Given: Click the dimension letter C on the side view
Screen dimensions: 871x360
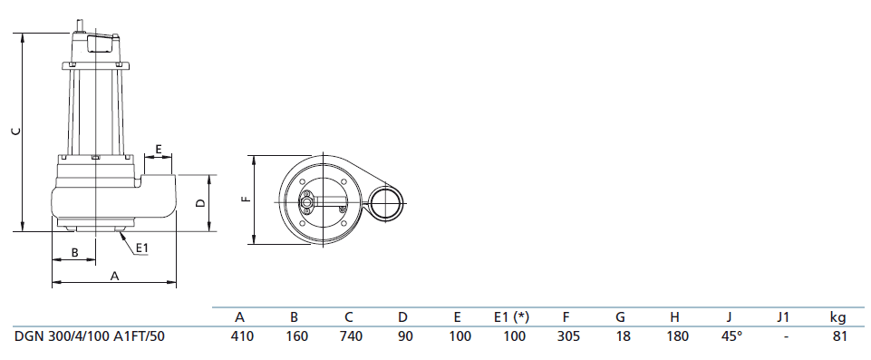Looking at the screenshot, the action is click(16, 131).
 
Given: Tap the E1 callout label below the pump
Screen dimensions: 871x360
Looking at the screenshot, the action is click(142, 248).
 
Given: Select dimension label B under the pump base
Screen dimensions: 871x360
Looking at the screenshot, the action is click(74, 252).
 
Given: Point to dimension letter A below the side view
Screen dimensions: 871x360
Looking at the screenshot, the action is click(115, 276).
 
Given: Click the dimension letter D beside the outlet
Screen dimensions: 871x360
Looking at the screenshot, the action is click(201, 203).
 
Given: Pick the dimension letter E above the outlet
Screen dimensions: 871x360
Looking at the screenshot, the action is click(159, 149).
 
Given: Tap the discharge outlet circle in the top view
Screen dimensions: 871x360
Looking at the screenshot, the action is click(385, 203).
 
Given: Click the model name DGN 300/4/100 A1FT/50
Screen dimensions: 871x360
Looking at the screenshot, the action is click(90, 336).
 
